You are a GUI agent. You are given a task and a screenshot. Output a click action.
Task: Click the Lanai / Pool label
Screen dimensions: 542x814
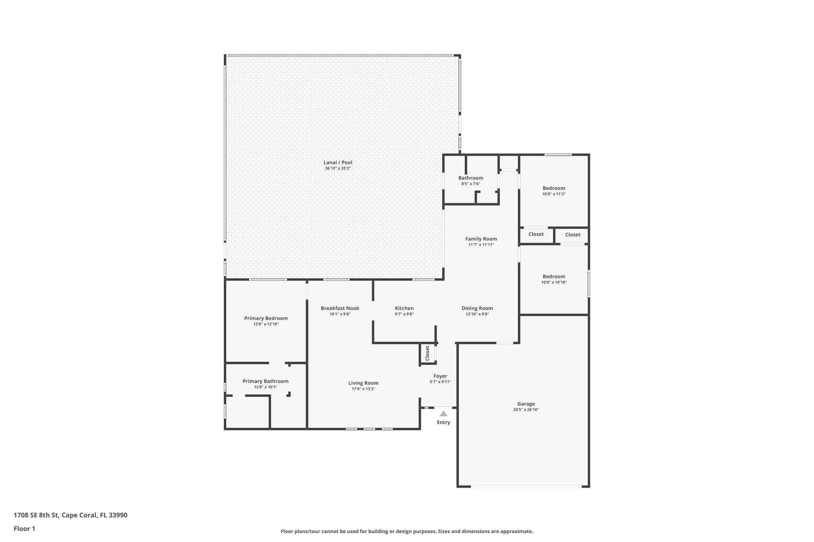[337, 162]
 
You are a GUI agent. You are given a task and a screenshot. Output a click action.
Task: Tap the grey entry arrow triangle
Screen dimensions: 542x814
[443, 414]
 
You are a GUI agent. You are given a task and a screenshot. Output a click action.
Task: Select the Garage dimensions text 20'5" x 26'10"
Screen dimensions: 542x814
[526, 410]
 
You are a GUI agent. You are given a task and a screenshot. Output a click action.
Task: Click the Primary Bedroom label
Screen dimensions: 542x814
[266, 318]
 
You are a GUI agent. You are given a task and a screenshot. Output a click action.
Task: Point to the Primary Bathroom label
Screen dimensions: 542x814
[266, 381]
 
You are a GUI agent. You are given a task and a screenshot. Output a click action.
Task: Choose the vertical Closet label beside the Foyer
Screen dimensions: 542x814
[427, 353]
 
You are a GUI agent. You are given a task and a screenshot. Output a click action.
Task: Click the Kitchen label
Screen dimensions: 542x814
[404, 309]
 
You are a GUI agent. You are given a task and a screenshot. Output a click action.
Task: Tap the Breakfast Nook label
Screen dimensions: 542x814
[340, 309]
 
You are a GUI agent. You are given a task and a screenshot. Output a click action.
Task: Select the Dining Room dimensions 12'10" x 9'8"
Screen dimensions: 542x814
[477, 314]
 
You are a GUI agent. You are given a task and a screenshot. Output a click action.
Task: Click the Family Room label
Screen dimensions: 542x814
[481, 239]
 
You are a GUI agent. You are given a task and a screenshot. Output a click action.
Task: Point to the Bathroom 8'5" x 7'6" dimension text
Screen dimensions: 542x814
[471, 184]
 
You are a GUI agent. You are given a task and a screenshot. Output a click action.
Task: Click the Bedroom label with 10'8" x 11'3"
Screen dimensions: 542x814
[554, 188]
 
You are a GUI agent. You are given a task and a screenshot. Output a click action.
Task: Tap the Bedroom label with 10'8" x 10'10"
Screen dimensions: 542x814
[554, 277]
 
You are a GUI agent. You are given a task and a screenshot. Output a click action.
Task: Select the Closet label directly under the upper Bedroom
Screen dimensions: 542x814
[536, 234]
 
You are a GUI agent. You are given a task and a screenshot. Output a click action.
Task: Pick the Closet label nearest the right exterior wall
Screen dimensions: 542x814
[572, 235]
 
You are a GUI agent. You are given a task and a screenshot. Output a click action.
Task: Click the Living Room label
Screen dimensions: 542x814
[363, 383]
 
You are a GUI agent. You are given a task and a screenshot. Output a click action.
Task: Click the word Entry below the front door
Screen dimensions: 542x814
[443, 422]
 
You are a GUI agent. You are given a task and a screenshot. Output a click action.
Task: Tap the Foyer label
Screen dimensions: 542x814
[440, 376]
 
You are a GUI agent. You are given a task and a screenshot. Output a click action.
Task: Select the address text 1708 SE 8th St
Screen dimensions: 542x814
[37, 515]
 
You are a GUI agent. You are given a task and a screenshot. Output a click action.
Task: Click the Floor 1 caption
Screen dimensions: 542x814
[24, 528]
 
